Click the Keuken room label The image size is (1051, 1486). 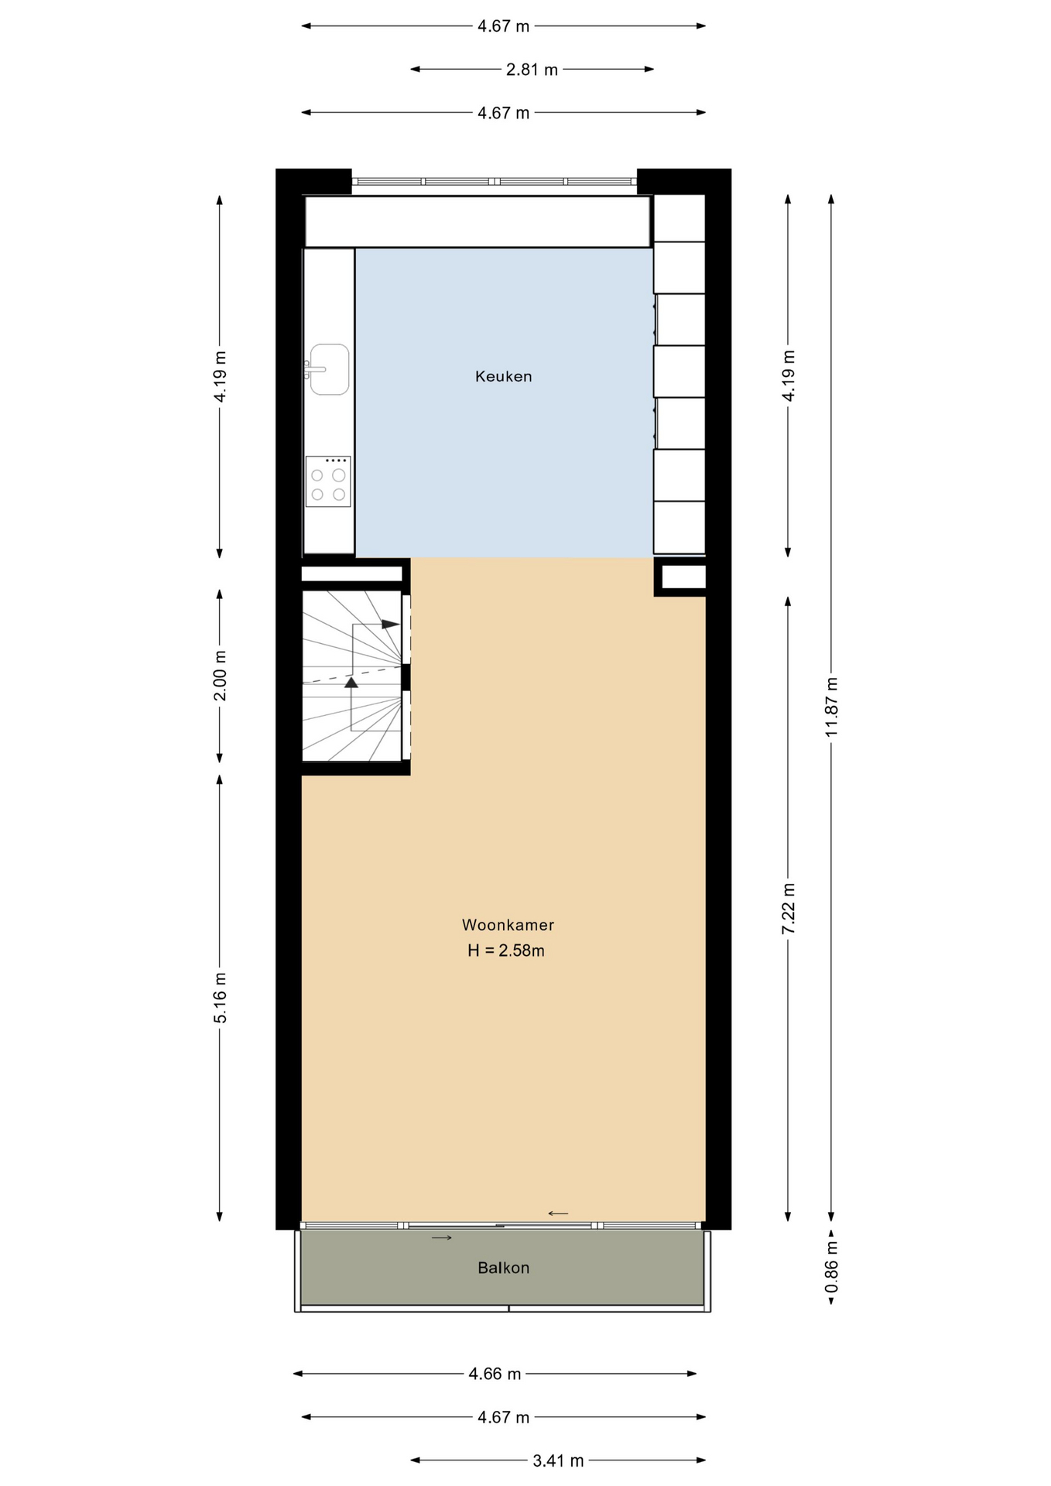(x=503, y=377)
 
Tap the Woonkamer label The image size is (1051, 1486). (x=508, y=925)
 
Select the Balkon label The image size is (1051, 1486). (x=503, y=1268)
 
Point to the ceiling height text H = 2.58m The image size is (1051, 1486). (x=506, y=951)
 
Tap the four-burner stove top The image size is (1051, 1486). (x=328, y=481)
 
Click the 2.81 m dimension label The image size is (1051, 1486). (x=532, y=70)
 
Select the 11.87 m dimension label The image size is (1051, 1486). (x=831, y=707)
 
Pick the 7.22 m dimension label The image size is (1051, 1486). (x=788, y=909)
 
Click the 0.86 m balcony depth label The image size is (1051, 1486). (x=831, y=1266)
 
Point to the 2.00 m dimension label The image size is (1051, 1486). (x=220, y=675)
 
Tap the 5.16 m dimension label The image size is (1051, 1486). (x=220, y=998)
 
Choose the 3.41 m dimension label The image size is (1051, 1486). (x=558, y=1461)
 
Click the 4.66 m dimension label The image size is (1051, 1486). (x=495, y=1375)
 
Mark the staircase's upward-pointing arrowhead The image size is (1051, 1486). (x=351, y=682)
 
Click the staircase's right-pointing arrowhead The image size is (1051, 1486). (x=391, y=624)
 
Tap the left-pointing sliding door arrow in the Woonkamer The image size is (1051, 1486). (x=558, y=1214)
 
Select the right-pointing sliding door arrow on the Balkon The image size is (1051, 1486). (x=442, y=1238)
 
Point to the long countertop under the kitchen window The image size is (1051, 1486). (x=478, y=221)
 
